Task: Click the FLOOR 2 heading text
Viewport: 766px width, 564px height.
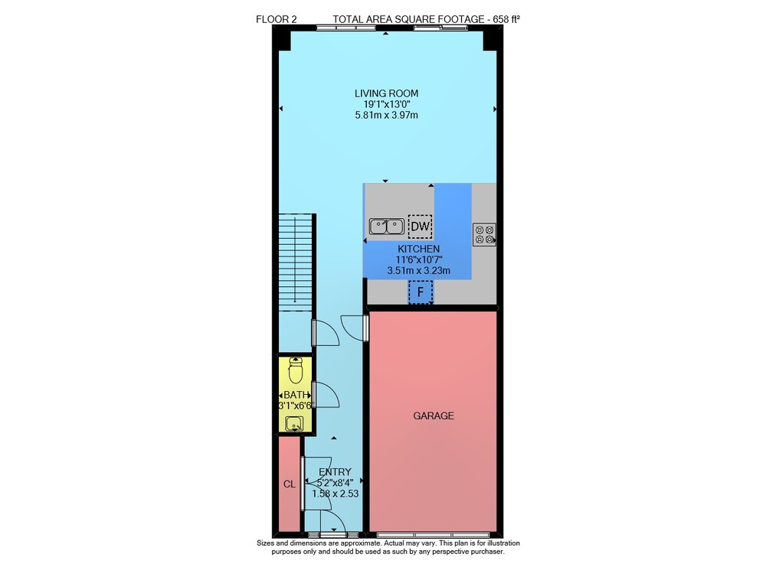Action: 276,20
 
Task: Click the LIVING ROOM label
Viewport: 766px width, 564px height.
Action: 386,93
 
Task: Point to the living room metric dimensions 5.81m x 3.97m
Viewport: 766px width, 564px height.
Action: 386,115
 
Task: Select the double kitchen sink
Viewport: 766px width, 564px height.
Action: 386,227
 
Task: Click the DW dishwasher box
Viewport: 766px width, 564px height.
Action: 420,227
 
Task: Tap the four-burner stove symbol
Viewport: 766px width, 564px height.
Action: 484,234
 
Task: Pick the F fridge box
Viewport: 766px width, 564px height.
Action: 420,293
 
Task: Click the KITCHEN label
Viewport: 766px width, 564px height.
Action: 419,249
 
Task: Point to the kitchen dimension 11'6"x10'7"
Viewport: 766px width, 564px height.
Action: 419,259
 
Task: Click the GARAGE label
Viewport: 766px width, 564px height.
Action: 434,416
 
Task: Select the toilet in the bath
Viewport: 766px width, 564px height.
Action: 296,371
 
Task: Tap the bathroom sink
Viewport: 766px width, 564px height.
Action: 295,424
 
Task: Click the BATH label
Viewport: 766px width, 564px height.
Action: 296,395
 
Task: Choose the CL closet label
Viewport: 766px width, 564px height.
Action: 290,484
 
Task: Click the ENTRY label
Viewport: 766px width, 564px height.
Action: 336,472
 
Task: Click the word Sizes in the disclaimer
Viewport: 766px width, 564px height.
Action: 266,543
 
